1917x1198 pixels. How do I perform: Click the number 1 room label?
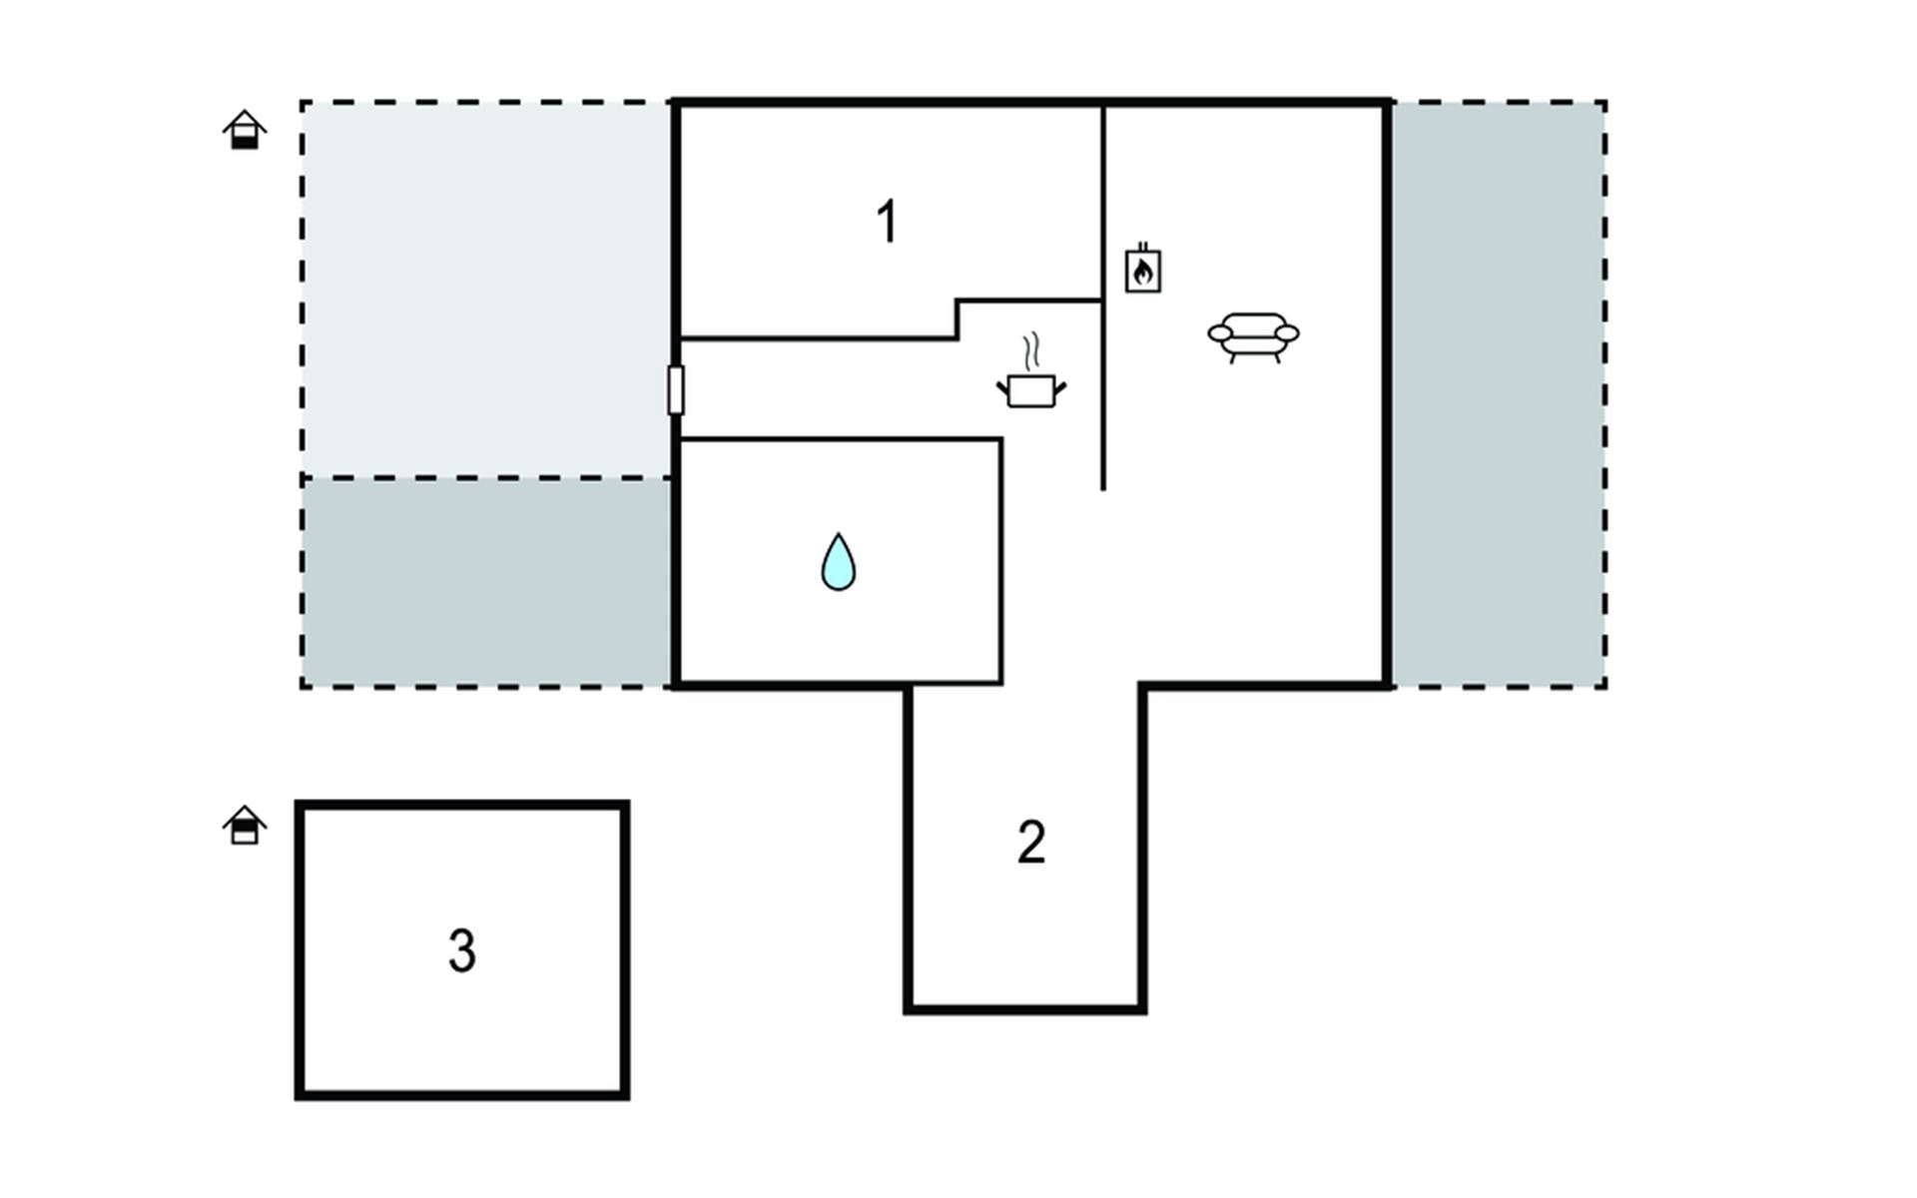click(887, 222)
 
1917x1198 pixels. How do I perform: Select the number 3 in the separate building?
click(461, 950)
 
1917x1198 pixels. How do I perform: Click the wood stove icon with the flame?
click(1143, 268)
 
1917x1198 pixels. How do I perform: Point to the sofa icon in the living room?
click(1254, 337)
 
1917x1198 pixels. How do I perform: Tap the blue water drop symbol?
click(838, 562)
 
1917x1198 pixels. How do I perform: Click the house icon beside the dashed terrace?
click(245, 130)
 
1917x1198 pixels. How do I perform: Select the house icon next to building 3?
click(245, 826)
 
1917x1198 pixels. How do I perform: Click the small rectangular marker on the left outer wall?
click(676, 389)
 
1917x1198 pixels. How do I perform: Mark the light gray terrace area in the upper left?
click(486, 290)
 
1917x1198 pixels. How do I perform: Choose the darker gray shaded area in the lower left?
click(486, 582)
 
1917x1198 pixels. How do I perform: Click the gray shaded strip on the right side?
click(1499, 394)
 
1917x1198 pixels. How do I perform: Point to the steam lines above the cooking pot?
click(1031, 351)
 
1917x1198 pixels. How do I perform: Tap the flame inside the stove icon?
click(1143, 272)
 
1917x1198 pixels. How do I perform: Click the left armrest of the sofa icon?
click(1220, 333)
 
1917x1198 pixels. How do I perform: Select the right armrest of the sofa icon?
click(1287, 333)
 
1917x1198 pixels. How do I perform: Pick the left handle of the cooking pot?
click(1002, 387)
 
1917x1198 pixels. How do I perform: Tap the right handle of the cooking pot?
click(1060, 387)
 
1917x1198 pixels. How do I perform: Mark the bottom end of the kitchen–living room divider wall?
click(1103, 489)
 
